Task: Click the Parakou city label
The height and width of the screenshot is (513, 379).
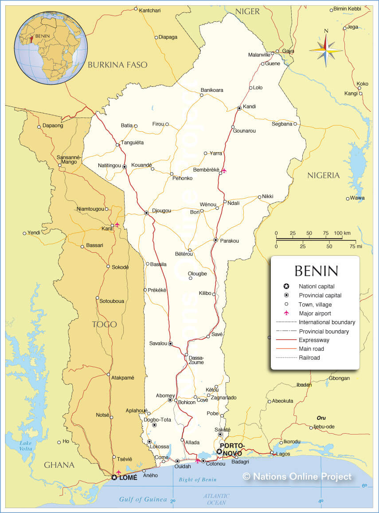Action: pyautogui.click(x=230, y=241)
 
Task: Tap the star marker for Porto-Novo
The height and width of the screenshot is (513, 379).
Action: pyautogui.click(x=219, y=451)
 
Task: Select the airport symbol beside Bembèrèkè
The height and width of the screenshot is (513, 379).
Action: pyautogui.click(x=224, y=171)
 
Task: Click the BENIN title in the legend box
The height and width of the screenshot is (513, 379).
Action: pyautogui.click(x=316, y=270)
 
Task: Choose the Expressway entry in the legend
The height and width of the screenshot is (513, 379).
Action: pyautogui.click(x=313, y=340)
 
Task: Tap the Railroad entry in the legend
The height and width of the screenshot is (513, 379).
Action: pyautogui.click(x=309, y=357)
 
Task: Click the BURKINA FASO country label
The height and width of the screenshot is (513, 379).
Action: pyautogui.click(x=117, y=65)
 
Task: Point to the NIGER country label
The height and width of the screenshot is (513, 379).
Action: pyautogui.click(x=247, y=12)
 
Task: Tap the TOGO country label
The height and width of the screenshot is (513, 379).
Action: pyautogui.click(x=104, y=324)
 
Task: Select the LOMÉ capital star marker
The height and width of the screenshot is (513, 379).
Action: pyautogui.click(x=114, y=478)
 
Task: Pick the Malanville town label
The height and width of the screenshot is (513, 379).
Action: pyautogui.click(x=259, y=55)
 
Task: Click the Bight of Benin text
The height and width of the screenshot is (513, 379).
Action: pyautogui.click(x=197, y=480)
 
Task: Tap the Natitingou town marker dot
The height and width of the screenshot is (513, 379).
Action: pyautogui.click(x=125, y=167)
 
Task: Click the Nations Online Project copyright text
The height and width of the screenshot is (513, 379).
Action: pyautogui.click(x=297, y=476)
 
